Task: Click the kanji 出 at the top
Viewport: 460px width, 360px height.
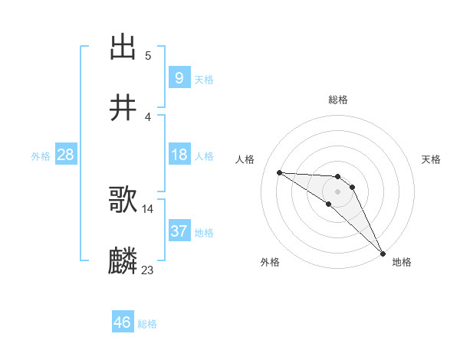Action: click(123, 47)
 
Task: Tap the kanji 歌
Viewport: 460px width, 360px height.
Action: click(123, 201)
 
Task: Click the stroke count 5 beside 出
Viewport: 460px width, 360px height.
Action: click(148, 55)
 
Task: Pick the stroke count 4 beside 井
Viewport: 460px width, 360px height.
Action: click(148, 116)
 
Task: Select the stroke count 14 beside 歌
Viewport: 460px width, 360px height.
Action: click(148, 208)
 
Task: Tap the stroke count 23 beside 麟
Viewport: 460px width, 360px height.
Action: click(148, 270)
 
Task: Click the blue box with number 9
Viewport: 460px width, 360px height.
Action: click(179, 77)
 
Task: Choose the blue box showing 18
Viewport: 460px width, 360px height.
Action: click(179, 155)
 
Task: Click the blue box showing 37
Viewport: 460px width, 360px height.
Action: click(179, 231)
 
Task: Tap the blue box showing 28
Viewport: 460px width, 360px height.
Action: click(66, 155)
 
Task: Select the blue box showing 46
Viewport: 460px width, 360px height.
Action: click(123, 322)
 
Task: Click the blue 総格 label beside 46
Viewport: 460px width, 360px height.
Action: click(147, 324)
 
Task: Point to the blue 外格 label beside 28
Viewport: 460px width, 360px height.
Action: click(41, 156)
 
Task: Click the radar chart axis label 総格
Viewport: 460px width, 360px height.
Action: click(338, 100)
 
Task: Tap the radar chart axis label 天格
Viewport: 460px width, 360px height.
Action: click(432, 159)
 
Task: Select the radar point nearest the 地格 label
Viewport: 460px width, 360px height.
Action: click(383, 252)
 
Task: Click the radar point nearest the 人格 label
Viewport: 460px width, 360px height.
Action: click(279, 172)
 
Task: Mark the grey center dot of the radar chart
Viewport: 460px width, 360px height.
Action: click(338, 191)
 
